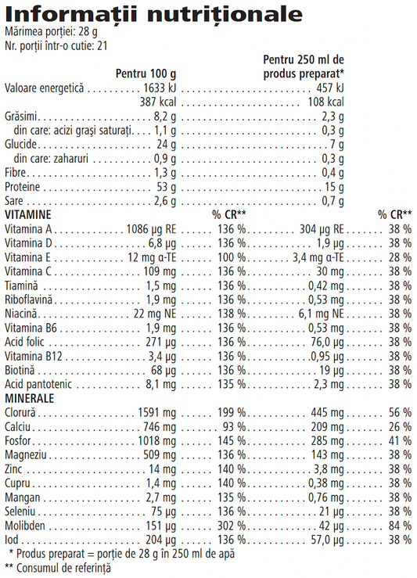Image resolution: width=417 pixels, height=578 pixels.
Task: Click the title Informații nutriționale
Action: (x=153, y=13)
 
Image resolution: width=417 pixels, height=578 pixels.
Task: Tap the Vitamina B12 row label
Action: (x=31, y=356)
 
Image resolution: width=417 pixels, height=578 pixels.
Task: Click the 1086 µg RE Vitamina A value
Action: (x=152, y=229)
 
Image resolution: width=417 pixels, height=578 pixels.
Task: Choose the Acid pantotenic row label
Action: (x=35, y=384)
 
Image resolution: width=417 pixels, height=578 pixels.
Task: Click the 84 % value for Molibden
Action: (x=400, y=525)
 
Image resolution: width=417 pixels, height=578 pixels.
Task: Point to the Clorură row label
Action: (x=21, y=412)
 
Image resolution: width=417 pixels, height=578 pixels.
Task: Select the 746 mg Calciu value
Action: (x=160, y=426)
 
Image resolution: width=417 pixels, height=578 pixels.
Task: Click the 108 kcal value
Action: (x=327, y=102)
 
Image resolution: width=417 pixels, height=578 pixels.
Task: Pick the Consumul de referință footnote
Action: (x=58, y=568)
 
